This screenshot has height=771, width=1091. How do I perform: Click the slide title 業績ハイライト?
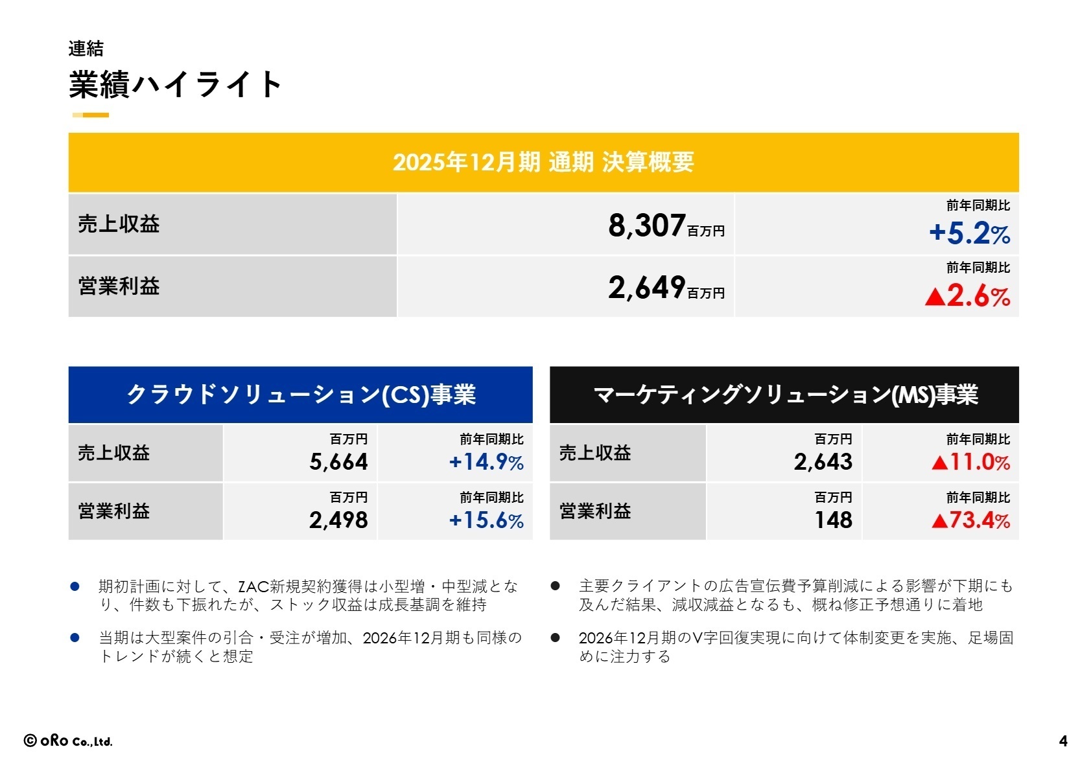tap(175, 85)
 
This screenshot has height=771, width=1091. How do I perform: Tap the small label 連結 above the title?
tap(86, 49)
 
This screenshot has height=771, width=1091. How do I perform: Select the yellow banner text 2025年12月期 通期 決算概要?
tap(543, 162)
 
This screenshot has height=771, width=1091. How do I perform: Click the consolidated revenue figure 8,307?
tap(646, 225)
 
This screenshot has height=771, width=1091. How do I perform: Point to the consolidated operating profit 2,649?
tap(646, 288)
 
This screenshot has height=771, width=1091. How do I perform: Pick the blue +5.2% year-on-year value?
tap(969, 233)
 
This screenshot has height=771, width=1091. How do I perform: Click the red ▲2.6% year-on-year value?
tap(968, 296)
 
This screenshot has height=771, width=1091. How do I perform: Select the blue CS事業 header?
tap(301, 395)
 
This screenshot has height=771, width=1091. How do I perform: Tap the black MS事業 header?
tap(784, 395)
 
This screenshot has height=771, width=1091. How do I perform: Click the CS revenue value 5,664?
tap(338, 462)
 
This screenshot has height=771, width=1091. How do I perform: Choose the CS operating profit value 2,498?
tap(338, 520)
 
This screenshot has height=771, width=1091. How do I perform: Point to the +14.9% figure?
tap(486, 462)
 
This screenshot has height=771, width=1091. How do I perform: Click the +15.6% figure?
tap(486, 520)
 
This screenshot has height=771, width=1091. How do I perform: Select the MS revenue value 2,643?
tap(823, 462)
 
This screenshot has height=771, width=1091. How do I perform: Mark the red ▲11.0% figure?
tap(970, 462)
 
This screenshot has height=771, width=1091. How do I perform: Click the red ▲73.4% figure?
tap(970, 520)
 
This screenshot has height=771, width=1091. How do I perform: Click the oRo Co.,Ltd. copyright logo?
tap(68, 741)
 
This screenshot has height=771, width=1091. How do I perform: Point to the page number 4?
tap(1063, 741)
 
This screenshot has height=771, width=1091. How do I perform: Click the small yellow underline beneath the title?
tap(91, 115)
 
